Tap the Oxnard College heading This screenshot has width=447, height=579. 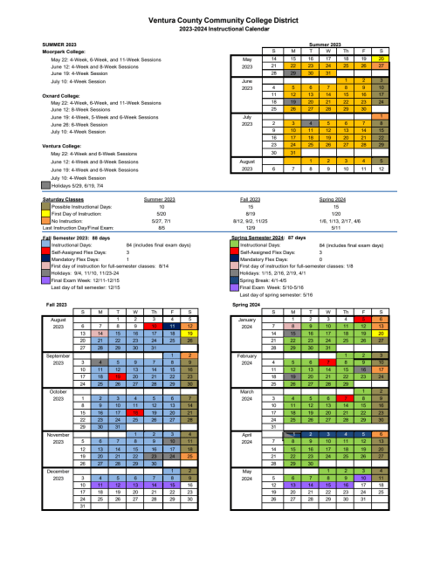[x=58, y=96]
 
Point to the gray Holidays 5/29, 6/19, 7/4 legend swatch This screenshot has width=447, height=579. [x=46, y=185]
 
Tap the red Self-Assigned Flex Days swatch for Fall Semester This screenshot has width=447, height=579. [x=46, y=251]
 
